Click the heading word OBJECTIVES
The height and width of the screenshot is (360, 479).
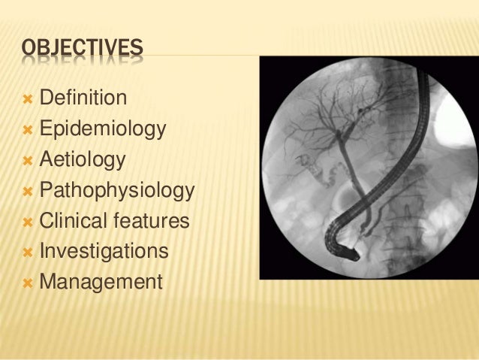point(82,50)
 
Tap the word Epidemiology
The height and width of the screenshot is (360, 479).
point(102,129)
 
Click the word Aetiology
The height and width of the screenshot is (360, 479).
point(83,160)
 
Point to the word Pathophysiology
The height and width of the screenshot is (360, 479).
point(116,191)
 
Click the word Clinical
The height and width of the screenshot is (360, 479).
point(72,222)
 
